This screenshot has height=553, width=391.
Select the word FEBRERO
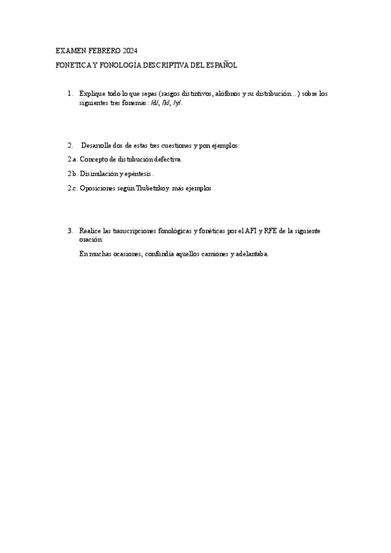[104, 51]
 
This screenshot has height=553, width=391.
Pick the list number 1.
[70, 94]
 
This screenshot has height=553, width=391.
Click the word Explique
[91, 94]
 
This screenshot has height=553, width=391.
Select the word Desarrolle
[98, 145]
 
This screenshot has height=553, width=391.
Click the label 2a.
[72, 159]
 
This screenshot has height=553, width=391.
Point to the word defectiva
[169, 159]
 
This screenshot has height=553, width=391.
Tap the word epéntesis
[138, 173]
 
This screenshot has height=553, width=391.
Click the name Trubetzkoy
[148, 188]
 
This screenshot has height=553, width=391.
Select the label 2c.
[72, 188]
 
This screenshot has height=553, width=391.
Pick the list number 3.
[70, 231]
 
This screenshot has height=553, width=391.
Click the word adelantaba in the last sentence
[251, 253]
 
